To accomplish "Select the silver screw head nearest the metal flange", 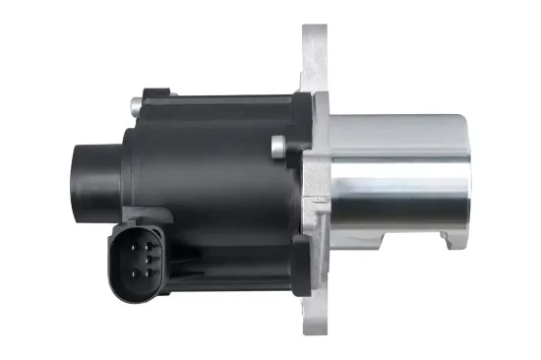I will (x=277, y=148).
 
